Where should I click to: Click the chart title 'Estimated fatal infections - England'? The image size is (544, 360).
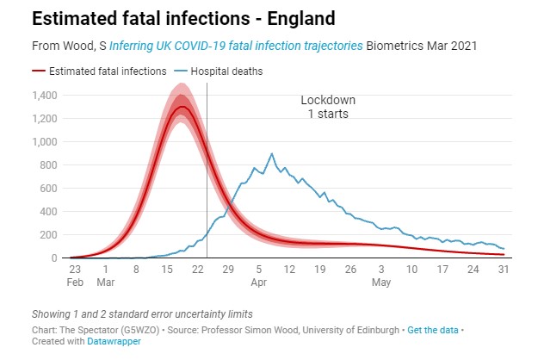click(x=171, y=18)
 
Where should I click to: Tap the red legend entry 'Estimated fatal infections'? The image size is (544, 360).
click(x=94, y=71)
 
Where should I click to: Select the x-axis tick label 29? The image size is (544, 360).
click(x=229, y=269)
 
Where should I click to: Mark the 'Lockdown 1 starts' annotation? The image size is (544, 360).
click(x=328, y=107)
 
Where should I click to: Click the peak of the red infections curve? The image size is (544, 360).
click(x=180, y=106)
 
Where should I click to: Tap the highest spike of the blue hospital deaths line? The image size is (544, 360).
click(x=272, y=154)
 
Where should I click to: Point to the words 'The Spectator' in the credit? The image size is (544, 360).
click(x=90, y=330)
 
